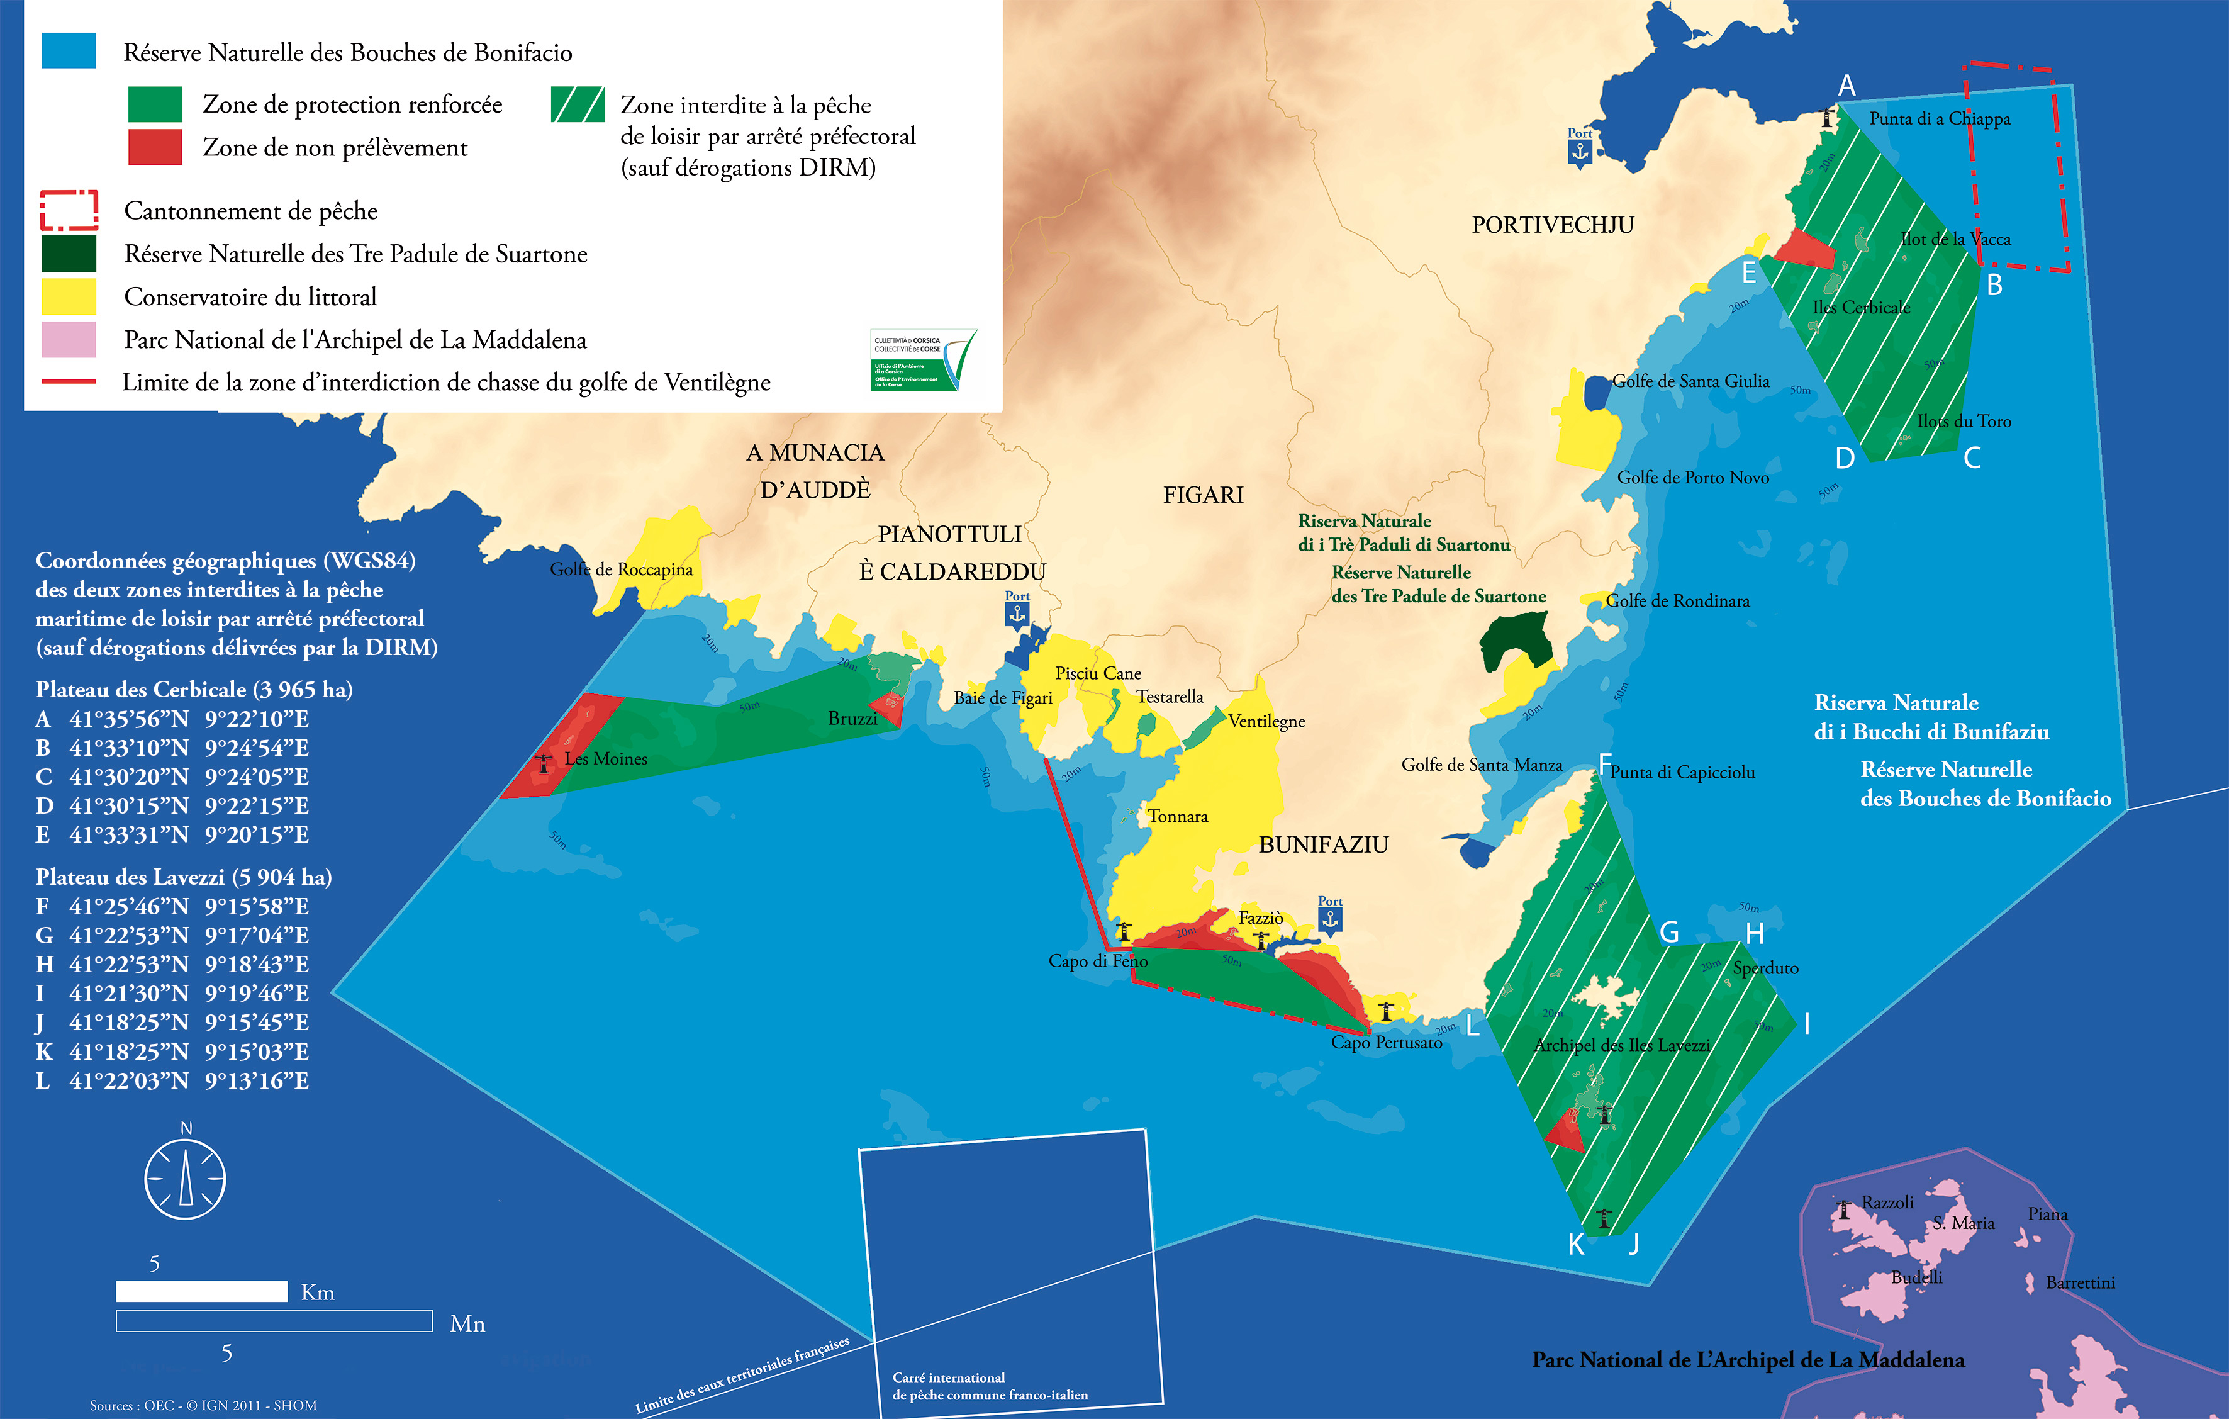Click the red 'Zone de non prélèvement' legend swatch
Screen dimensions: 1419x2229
155,147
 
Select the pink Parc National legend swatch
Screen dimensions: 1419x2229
69,340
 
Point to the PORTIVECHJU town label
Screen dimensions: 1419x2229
1552,225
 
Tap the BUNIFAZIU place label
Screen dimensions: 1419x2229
1323,844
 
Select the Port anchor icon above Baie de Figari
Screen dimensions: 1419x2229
1017,614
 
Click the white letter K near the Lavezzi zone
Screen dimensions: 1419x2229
1575,1245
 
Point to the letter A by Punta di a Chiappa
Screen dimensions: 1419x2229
1846,86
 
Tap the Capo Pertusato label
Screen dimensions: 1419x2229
1386,1042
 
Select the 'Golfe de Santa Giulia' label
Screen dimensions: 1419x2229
1690,381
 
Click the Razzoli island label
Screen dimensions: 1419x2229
1887,1203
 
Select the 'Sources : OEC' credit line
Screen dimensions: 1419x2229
203,1405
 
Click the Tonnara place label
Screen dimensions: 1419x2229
1178,816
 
